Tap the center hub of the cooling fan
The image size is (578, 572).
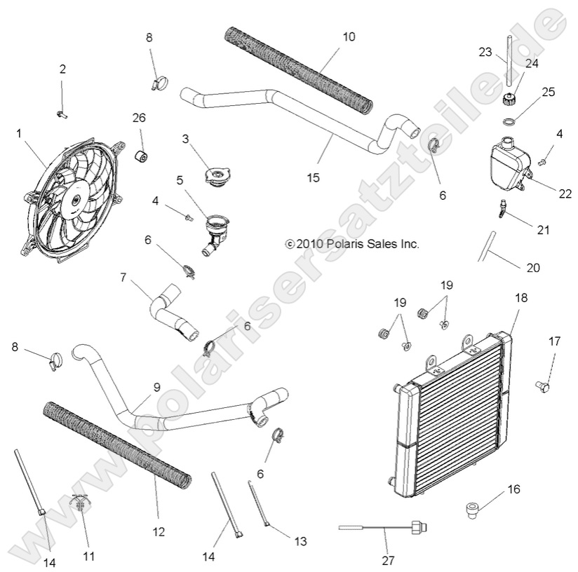[x=74, y=200]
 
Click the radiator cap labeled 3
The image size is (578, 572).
[x=214, y=176]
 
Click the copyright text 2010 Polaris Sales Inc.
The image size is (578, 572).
[x=352, y=244]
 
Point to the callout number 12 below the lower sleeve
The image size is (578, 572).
[x=158, y=532]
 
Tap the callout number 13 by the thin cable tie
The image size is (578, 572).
[x=300, y=541]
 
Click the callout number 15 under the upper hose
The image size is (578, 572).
[x=314, y=177]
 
